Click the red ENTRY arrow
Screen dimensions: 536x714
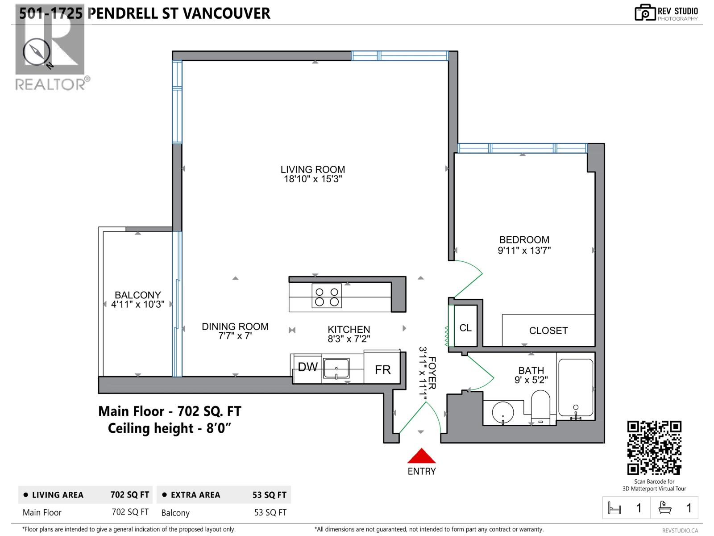pyautogui.click(x=421, y=456)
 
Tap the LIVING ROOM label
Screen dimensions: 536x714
pyautogui.click(x=312, y=169)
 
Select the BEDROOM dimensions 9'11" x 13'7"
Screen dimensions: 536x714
pyautogui.click(x=524, y=251)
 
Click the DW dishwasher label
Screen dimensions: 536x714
pyautogui.click(x=307, y=367)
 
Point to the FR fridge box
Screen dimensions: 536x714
pyautogui.click(x=382, y=369)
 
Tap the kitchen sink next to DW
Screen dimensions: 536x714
pyautogui.click(x=336, y=368)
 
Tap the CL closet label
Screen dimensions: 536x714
pyautogui.click(x=465, y=328)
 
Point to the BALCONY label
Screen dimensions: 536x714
pyautogui.click(x=137, y=295)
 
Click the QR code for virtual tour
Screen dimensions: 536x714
pyautogui.click(x=654, y=448)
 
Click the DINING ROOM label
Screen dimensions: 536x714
pyautogui.click(x=235, y=327)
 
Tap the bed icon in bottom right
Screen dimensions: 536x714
pyautogui.click(x=614, y=508)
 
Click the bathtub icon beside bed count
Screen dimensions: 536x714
pyautogui.click(x=665, y=508)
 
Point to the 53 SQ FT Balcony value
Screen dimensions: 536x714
pyautogui.click(x=270, y=513)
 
